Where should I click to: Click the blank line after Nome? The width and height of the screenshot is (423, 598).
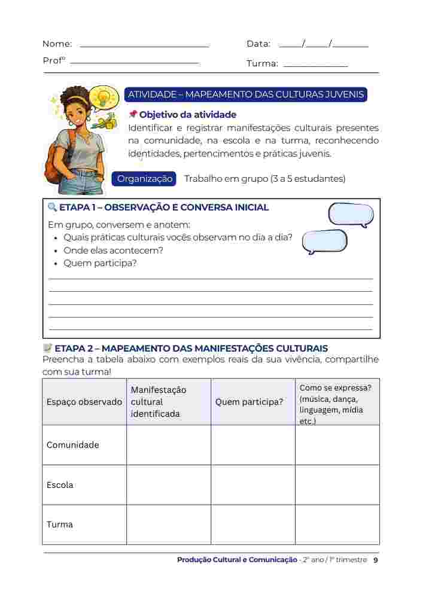click(x=144, y=45)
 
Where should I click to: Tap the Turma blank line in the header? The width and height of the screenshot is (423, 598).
click(x=315, y=65)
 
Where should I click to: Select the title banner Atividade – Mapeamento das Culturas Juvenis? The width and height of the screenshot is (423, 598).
click(x=245, y=94)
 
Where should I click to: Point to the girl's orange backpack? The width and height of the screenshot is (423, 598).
click(x=54, y=161)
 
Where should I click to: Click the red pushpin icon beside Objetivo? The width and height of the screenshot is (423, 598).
click(x=133, y=114)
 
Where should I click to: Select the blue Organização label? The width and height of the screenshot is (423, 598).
click(x=145, y=179)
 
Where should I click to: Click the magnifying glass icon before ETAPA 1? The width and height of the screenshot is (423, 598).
click(x=52, y=208)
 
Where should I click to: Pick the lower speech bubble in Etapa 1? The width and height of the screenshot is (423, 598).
click(x=324, y=242)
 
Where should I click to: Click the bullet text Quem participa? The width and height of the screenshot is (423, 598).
click(x=100, y=263)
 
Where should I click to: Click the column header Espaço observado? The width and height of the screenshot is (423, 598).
click(x=84, y=402)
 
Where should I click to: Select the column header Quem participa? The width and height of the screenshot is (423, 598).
click(x=249, y=402)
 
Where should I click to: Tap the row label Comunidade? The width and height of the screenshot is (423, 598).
click(x=73, y=445)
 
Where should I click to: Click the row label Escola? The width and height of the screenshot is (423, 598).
click(x=60, y=485)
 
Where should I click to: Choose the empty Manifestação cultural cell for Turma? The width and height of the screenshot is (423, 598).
click(x=168, y=524)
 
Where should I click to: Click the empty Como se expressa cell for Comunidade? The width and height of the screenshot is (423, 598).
click(x=337, y=445)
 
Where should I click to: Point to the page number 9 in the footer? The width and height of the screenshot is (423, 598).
click(x=375, y=560)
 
